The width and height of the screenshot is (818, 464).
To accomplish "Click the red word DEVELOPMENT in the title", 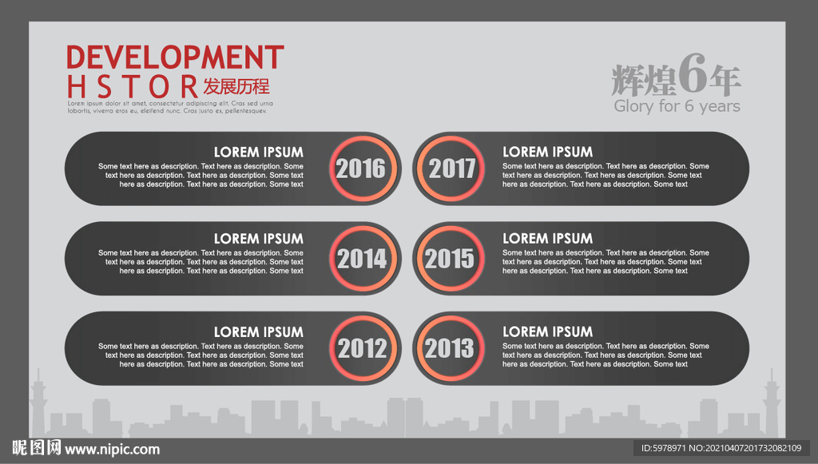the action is click(175, 57).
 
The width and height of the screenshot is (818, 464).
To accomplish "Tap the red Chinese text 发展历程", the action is click(236, 86).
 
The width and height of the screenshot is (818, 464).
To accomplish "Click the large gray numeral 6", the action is click(693, 73).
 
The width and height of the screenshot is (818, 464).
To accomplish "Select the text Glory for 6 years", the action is click(677, 106).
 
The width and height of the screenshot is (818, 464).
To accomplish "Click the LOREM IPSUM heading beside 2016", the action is click(258, 153).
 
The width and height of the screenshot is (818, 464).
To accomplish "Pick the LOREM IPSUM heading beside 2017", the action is click(548, 153).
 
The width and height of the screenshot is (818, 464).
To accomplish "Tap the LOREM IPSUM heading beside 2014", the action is click(258, 239).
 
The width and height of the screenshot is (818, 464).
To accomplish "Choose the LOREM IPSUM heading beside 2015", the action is click(548, 239).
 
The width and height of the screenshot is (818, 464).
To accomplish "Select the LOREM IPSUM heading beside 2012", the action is click(258, 332).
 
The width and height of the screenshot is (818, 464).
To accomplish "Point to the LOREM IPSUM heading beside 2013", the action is click(548, 332).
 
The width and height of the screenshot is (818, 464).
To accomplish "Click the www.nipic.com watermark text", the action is click(112, 450).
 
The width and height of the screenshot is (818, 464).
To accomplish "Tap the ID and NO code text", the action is click(721, 448).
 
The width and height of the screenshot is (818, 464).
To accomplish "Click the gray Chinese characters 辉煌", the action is click(644, 81).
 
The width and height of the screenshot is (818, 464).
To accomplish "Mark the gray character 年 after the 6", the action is click(725, 81).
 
